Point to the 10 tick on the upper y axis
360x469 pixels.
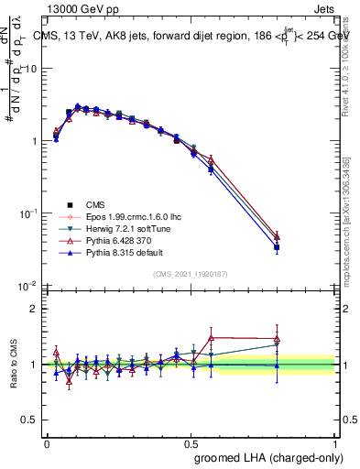coord(34,69)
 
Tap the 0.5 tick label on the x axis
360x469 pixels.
coord(191,442)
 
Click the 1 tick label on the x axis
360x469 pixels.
coord(334,442)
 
